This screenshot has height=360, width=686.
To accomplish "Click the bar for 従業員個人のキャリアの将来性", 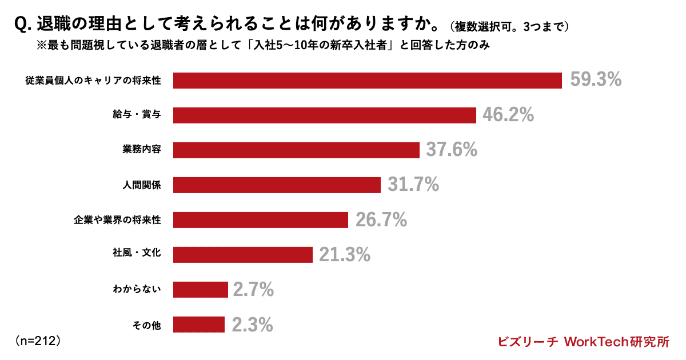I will pyautogui.click(x=368, y=81).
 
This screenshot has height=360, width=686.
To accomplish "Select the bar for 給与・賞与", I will pyautogui.click(x=325, y=115).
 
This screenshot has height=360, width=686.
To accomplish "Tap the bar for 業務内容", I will pyautogui.click(x=296, y=150).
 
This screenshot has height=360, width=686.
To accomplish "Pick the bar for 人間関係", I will pyautogui.click(x=277, y=185).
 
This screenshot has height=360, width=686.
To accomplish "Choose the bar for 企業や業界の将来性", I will pyautogui.click(x=261, y=220).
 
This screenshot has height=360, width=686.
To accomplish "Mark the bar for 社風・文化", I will pyautogui.click(x=243, y=255).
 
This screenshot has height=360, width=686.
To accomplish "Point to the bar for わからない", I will pyautogui.click(x=201, y=290).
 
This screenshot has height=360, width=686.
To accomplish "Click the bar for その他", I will pyautogui.click(x=199, y=325).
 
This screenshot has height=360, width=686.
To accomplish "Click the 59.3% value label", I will pyautogui.click(x=596, y=80).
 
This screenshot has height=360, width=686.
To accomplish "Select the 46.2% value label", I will pyautogui.click(x=508, y=115).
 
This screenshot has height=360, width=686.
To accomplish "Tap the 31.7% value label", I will pyautogui.click(x=413, y=185).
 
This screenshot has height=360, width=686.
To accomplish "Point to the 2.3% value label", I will pyautogui.click(x=252, y=325).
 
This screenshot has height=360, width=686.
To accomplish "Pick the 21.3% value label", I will pyautogui.click(x=345, y=255).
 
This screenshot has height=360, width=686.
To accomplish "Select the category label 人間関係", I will pyautogui.click(x=142, y=185).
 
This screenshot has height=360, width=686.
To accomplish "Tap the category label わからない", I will pyautogui.click(x=136, y=290).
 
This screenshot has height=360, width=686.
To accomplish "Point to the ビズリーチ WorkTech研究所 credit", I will pyautogui.click(x=583, y=342).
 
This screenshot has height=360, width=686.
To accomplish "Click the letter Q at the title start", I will pyautogui.click(x=20, y=25).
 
